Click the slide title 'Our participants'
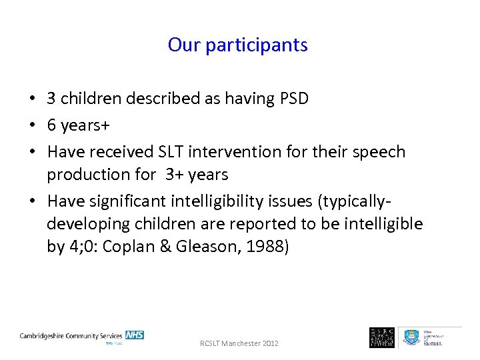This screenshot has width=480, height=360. point(238,45)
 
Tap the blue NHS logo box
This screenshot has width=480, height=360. point(134,335)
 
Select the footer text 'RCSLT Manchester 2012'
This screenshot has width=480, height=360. point(239,343)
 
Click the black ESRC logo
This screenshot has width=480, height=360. point(382,337)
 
